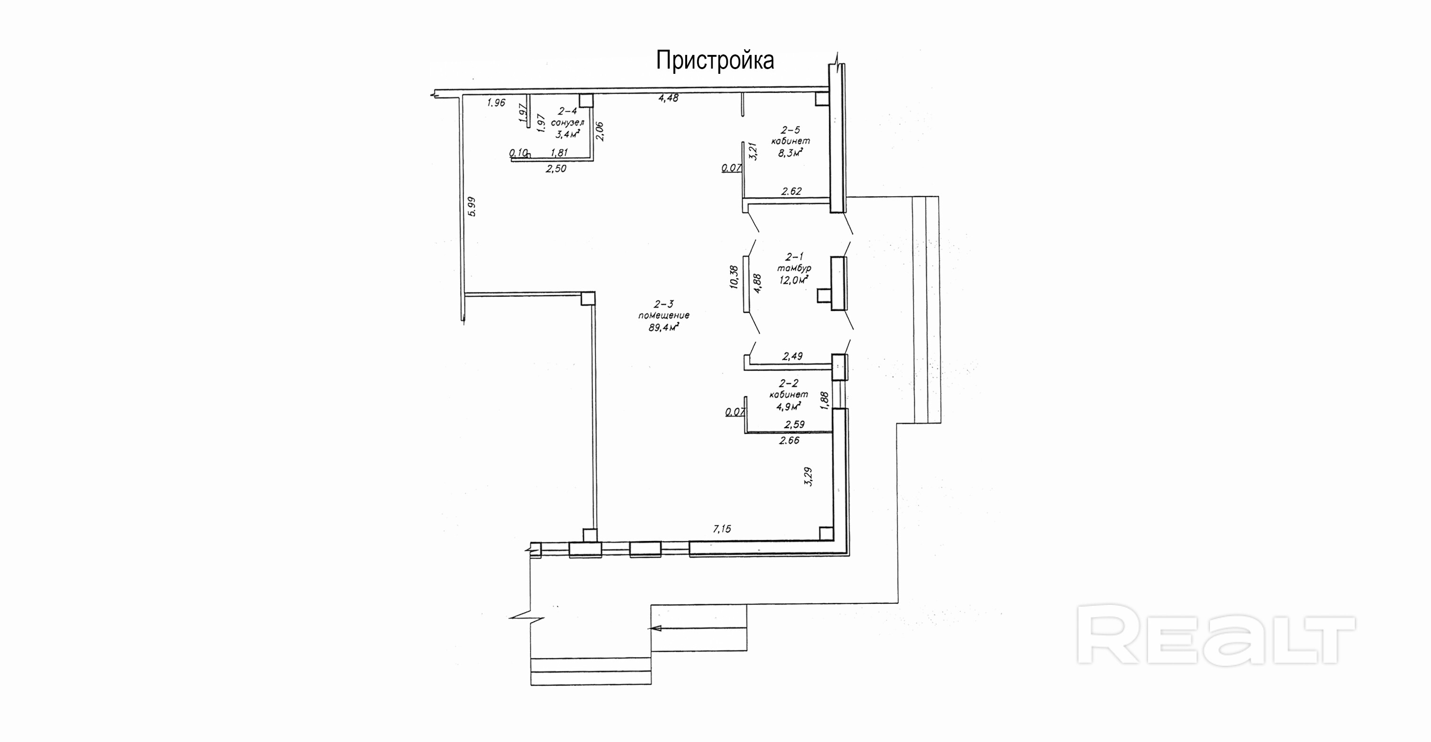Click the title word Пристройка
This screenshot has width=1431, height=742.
(715, 61)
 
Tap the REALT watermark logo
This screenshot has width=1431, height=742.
(1216, 634)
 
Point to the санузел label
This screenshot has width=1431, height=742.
(567, 122)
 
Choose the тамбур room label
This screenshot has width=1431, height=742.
(795, 268)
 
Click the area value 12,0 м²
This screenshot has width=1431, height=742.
(794, 280)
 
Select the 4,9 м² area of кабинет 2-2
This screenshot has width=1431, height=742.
(788, 406)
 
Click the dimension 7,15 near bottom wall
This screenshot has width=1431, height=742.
(722, 529)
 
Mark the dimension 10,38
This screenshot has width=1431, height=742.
(733, 277)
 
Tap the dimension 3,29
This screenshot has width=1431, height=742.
(808, 477)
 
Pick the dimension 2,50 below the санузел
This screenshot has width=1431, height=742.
(556, 169)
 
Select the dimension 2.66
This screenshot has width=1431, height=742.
(789, 441)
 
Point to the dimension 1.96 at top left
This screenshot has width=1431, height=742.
(496, 102)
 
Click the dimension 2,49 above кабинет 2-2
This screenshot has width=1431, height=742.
(792, 356)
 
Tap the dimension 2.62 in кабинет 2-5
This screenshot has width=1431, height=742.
(792, 191)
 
